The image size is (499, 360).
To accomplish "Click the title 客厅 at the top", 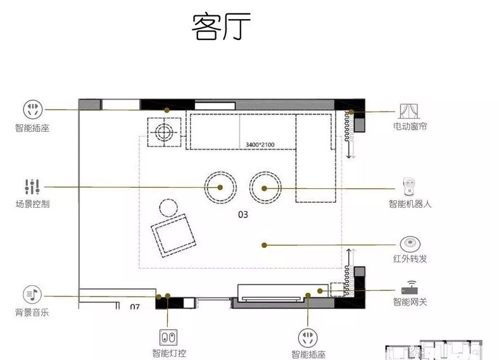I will tap(222, 27).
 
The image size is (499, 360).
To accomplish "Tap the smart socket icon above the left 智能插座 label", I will tap(32, 109).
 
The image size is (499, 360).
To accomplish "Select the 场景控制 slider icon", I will tap(32, 187).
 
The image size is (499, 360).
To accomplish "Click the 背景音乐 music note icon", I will tap(32, 295).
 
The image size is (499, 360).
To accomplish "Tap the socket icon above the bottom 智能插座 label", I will tap(308, 337).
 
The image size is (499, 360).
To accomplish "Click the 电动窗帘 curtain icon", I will tap(410, 112).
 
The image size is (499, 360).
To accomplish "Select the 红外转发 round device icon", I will tap(410, 244).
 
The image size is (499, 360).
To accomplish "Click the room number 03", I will tap(243, 214).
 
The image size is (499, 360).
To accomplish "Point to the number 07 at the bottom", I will tap(135, 307).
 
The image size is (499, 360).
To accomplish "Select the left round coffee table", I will tap(220, 187).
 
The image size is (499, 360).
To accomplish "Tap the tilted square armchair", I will tap(172, 235).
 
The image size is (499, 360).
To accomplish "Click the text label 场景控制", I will tap(32, 204).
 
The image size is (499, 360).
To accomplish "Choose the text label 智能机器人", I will tap(410, 205).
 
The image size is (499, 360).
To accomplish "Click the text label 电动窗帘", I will tap(410, 127).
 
